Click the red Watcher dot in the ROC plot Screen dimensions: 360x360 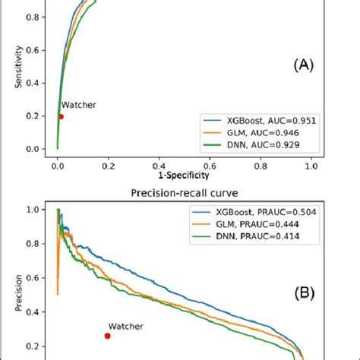click(61, 116)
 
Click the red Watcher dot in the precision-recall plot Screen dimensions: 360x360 click(107, 336)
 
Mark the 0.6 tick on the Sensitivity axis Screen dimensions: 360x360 click(37, 49)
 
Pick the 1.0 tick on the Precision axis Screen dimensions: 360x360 click(37, 207)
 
